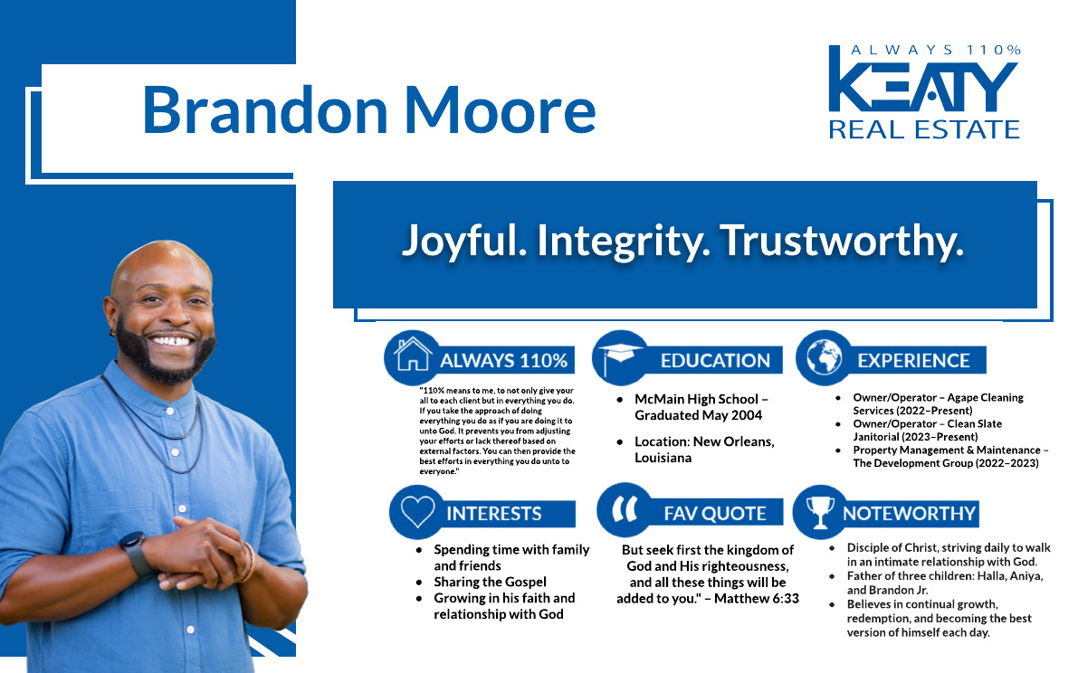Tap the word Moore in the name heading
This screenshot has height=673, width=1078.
click(x=500, y=110)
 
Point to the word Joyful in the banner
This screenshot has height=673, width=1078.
click(x=464, y=242)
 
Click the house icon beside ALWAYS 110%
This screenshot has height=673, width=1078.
click(x=413, y=355)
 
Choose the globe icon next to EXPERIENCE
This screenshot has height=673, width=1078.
click(x=825, y=358)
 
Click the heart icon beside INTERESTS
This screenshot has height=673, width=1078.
click(x=417, y=512)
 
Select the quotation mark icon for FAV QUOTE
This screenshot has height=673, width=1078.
click(x=625, y=509)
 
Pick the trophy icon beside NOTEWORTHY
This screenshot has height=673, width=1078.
click(x=819, y=512)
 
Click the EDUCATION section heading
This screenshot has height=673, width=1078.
click(x=715, y=361)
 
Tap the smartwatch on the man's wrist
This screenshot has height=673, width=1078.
click(x=137, y=554)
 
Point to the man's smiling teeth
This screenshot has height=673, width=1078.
click(x=171, y=341)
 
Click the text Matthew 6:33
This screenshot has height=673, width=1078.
click(x=757, y=599)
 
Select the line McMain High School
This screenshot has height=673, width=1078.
click(x=696, y=399)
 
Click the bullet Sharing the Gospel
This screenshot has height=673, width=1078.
click(x=490, y=583)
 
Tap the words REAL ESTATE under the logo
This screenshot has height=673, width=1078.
click(x=924, y=129)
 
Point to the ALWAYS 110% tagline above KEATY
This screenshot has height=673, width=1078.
click(x=936, y=50)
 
